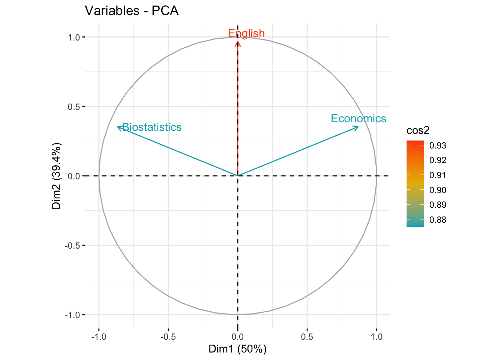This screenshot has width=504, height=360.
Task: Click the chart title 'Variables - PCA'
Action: pos(132,10)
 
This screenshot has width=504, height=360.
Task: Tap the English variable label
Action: pos(246,33)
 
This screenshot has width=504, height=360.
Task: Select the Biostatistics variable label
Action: pos(152,127)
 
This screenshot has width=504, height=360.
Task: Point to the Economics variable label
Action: pos(358,118)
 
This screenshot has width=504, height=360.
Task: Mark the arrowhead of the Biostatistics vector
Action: pos(118,127)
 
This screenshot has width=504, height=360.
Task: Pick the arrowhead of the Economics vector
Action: pos(357,127)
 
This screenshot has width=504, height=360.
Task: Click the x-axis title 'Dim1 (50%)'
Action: pos(237,349)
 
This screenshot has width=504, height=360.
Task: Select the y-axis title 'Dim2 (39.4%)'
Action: pos(57,176)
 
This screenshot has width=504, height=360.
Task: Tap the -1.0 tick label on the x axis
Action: pos(99,336)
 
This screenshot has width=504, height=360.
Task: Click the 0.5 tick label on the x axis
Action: pos(307,336)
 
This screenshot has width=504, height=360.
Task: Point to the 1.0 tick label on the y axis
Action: pos(74,37)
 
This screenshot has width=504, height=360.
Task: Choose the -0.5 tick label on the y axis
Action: pos(73,245)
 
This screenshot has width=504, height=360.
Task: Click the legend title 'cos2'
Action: pos(418,130)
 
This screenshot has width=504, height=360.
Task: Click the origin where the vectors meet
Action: pos(238,175)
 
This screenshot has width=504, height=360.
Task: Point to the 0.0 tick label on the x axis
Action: pos(238,336)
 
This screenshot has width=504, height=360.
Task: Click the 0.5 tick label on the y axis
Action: pos(74,106)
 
